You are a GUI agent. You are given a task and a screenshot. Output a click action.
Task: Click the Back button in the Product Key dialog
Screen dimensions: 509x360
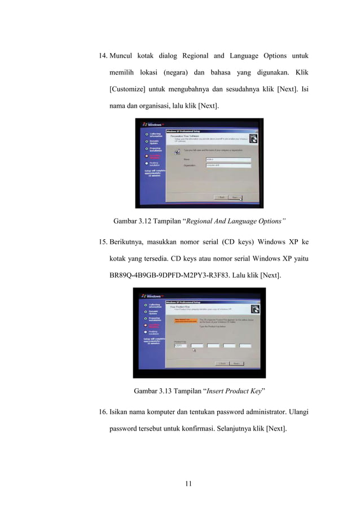[x=222, y=363]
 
